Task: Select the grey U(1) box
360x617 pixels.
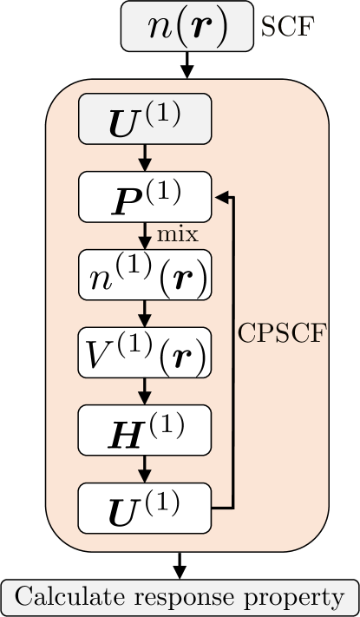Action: point(145,118)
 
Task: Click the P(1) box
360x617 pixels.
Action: point(145,196)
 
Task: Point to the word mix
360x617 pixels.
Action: point(177,234)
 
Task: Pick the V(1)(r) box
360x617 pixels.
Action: point(145,351)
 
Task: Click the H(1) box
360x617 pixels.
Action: point(145,430)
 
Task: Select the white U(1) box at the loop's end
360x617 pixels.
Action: point(145,508)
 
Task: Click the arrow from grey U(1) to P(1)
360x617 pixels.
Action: point(145,157)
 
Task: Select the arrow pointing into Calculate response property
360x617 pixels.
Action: point(180,564)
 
